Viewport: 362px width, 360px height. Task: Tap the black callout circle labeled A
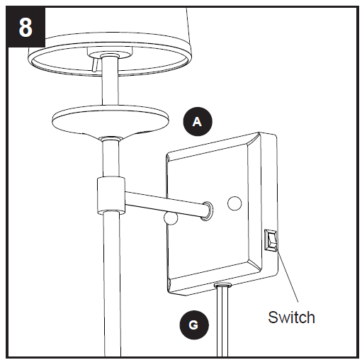click(198, 121)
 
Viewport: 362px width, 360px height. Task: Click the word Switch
click(290, 317)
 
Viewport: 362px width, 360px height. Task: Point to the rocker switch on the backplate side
click(271, 242)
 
